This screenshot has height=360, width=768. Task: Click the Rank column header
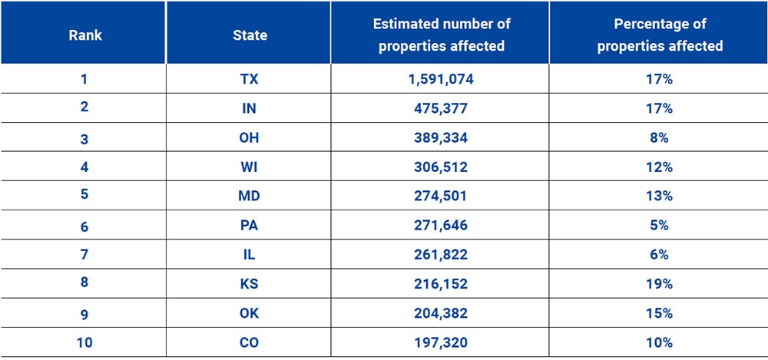(x=84, y=35)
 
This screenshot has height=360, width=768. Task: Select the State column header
(x=250, y=35)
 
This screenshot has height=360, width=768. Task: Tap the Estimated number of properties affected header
(x=441, y=35)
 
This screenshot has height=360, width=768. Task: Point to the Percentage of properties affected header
(x=660, y=35)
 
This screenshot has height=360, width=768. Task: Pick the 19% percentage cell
(x=660, y=284)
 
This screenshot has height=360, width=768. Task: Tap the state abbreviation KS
(x=250, y=284)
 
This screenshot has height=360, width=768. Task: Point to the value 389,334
(x=441, y=138)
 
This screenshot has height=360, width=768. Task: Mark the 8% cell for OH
(x=660, y=138)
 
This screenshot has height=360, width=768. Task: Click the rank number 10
(x=84, y=342)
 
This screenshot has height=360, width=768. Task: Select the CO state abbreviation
(x=250, y=342)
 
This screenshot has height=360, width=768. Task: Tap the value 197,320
(x=441, y=342)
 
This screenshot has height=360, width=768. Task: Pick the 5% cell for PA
(x=660, y=226)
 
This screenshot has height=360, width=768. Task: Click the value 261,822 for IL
(x=441, y=255)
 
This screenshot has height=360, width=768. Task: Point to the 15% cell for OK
(x=660, y=313)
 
